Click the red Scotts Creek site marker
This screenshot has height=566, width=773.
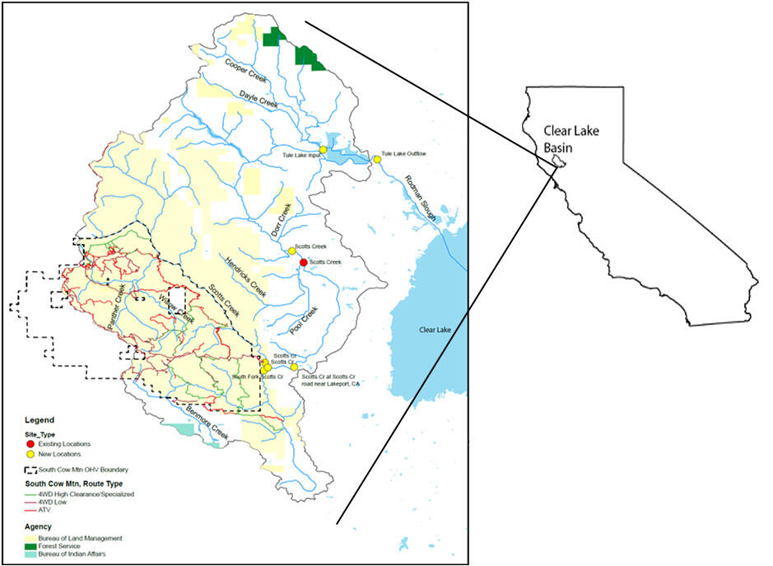303,262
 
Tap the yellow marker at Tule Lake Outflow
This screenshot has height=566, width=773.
377,158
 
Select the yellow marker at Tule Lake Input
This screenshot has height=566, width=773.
324,149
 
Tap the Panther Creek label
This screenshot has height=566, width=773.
116,305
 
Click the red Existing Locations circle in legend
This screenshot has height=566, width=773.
31,444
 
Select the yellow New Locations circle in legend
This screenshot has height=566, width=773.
31,455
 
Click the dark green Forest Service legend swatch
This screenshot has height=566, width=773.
31,546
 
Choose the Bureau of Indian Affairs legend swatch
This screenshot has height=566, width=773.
31,554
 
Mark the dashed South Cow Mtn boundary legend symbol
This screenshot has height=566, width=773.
31,469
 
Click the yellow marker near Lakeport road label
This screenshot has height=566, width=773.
294,367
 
